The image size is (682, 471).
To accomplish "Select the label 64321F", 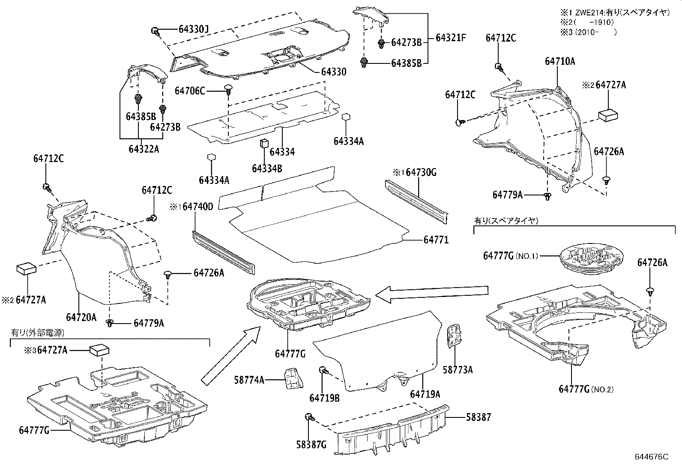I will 451,38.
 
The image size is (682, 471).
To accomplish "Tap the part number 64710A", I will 560,61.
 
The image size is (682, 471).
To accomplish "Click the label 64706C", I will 190,91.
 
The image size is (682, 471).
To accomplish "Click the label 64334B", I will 266,168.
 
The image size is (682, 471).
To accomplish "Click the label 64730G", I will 421,173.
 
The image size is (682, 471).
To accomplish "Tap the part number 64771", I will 436,240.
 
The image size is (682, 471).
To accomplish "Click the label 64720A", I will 81,318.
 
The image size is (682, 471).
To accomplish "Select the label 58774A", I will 250,379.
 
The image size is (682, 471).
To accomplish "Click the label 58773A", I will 458,370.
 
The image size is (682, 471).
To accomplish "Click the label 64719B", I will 324,398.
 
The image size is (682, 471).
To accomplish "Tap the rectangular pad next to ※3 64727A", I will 99,350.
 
